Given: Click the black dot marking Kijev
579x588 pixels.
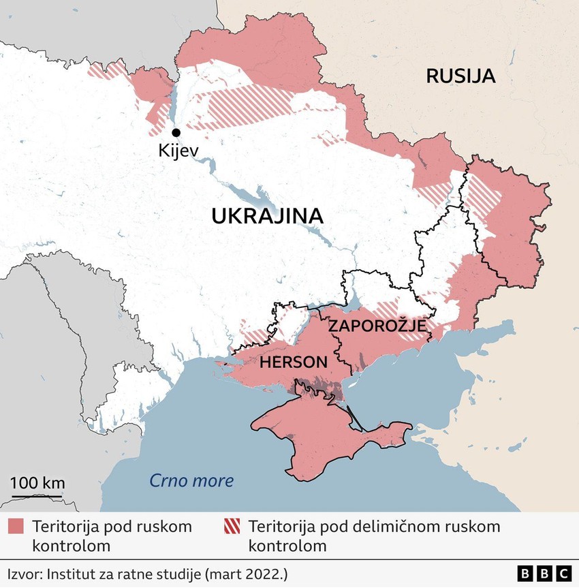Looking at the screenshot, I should coord(176,133).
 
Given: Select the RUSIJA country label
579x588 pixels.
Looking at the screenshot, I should coord(460,76).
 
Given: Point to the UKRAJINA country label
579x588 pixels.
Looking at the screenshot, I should coord(266,216).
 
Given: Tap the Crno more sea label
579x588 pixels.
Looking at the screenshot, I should coord(191,481).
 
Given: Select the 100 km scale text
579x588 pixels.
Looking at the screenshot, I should coord(37,483).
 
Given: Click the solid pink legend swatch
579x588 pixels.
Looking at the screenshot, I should coord(16,527).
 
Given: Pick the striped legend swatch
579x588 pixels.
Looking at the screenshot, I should coord(232,527).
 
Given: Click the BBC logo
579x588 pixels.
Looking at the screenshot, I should coord(544,573).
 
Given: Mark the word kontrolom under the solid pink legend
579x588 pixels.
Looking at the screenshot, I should coord(71,546).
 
